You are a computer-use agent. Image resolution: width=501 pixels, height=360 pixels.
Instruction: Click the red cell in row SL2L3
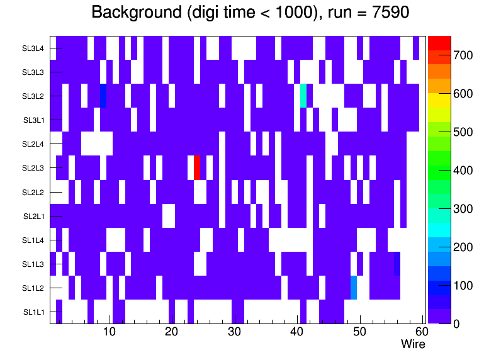pos(197,168)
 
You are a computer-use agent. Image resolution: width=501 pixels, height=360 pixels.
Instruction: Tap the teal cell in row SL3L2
pos(303,96)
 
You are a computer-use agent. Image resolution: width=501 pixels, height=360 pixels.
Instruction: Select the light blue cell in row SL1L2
pos(354,288)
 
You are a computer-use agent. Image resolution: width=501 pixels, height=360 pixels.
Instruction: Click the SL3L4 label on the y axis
pos(33,48)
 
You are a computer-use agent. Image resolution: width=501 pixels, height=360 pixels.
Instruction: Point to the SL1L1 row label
pos(34,312)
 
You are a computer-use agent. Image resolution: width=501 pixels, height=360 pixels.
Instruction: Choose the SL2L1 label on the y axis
pos(34,216)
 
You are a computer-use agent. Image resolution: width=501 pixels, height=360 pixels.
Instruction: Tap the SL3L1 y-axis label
pos(34,120)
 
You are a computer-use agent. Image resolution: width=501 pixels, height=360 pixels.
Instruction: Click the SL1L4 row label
pos(34,240)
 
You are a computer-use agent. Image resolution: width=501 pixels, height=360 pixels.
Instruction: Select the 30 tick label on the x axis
pos(234,332)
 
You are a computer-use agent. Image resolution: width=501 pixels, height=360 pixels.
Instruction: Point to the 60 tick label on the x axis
pos(421,332)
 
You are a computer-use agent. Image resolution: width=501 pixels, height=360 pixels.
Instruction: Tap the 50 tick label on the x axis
pos(359,332)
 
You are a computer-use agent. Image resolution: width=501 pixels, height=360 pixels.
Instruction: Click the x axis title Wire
pos(413,344)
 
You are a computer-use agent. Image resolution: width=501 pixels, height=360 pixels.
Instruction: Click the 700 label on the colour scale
pos(463,55)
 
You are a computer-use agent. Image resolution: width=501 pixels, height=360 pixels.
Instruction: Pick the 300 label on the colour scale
pos(463,209)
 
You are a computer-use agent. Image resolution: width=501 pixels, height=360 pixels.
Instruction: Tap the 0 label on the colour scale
pos(456,323)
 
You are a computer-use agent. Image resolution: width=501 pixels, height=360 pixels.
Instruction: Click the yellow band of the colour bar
pos(439,100)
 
